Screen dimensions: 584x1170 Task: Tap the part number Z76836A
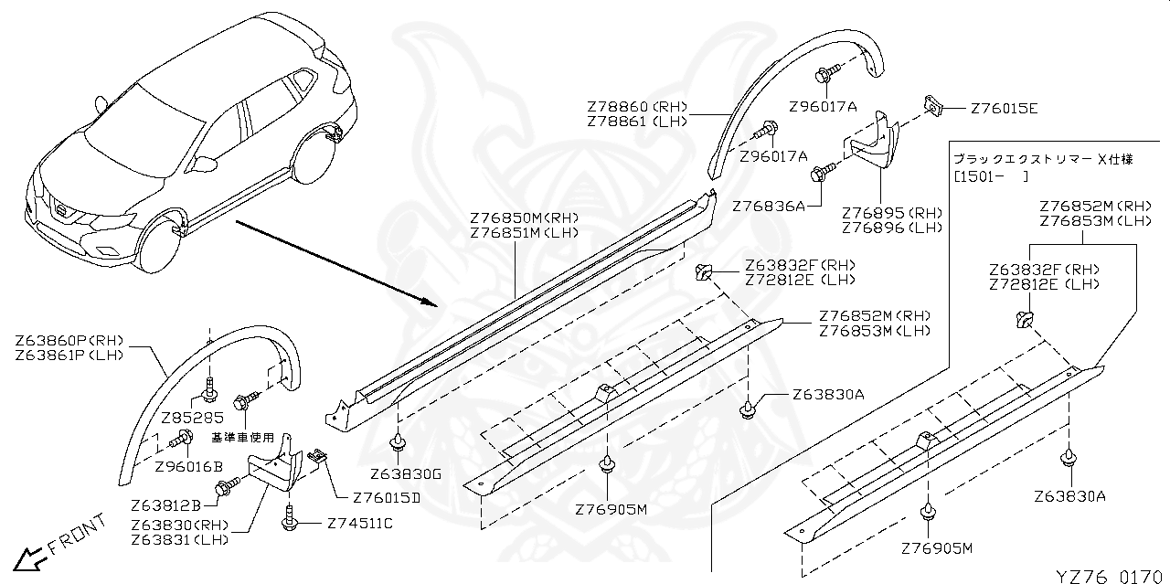tap(768, 207)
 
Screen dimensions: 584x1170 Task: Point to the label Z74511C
tap(359, 524)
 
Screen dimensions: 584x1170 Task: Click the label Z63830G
tap(406, 474)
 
